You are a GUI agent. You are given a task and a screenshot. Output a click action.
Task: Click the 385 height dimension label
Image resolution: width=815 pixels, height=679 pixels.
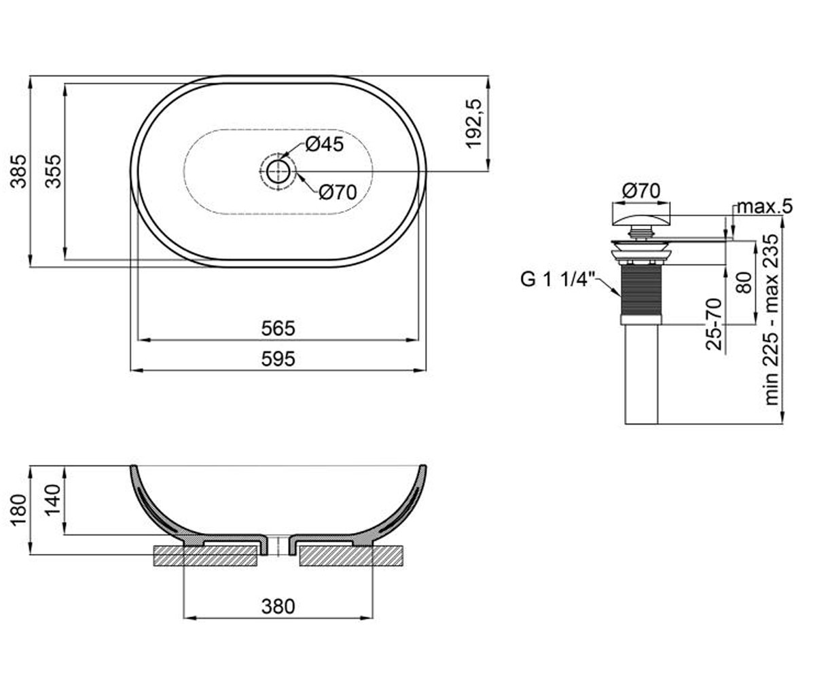pos(18,171)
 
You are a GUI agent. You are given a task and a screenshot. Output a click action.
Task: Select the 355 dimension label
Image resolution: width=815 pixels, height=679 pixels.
pos(53,171)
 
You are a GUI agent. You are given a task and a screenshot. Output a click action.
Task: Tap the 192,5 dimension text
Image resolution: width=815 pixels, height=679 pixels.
pos(474,124)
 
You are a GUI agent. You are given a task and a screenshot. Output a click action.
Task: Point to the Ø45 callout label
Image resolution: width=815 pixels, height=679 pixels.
pos(325,145)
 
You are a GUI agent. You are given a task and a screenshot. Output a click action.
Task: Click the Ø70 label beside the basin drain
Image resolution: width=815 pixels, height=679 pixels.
pos(338,192)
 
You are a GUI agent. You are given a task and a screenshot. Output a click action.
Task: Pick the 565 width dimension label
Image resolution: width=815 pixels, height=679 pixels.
pos(278,329)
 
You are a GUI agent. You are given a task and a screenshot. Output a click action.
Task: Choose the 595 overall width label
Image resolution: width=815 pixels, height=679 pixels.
pos(278,359)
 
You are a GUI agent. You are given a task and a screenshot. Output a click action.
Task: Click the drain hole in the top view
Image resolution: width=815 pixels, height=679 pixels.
pos(278,171)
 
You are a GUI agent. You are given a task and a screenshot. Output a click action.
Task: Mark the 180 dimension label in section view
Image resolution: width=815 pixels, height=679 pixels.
pos(18,511)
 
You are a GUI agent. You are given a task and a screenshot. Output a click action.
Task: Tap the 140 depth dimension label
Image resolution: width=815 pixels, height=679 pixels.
pos(53,500)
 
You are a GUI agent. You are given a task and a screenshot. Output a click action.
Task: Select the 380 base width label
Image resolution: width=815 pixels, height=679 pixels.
pos(278,607)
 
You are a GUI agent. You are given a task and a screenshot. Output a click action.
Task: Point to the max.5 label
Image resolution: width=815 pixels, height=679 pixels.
pos(765,206)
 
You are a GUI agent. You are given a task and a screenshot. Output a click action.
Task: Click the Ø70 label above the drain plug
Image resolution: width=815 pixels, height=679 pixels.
pos(641,191)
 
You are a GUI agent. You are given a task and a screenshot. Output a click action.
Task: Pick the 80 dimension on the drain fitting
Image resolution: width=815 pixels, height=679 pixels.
pos(744,283)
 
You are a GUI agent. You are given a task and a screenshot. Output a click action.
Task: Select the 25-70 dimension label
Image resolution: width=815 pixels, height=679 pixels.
pos(714,325)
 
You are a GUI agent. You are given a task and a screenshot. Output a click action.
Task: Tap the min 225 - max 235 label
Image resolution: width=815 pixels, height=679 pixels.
pos(771,319)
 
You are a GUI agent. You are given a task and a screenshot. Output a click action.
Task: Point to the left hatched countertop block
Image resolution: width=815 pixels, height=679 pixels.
pos(205,556)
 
